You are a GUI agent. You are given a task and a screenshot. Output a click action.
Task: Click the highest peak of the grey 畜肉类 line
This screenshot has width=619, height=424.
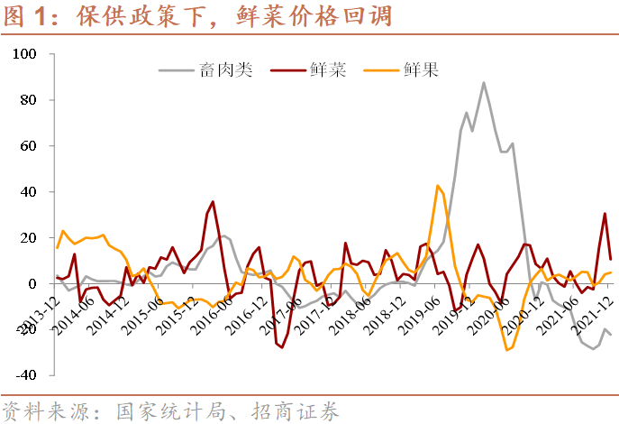[x=484, y=83]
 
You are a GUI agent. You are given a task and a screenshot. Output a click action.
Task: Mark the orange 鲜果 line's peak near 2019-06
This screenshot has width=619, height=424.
[x=438, y=186]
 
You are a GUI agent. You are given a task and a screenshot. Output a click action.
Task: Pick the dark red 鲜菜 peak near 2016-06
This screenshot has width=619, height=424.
[x=213, y=202]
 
